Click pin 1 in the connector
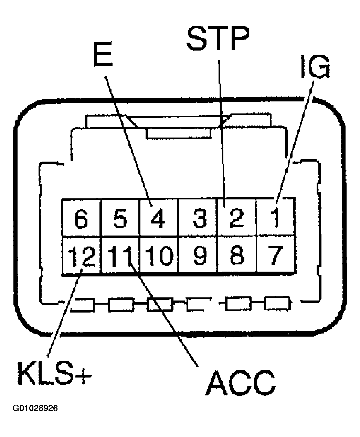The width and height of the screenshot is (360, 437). click(x=276, y=218)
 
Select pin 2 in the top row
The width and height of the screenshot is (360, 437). click(x=236, y=218)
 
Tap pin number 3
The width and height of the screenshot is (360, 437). click(x=199, y=218)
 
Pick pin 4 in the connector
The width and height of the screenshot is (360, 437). click(x=159, y=218)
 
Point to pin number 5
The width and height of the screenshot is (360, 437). click(x=120, y=218)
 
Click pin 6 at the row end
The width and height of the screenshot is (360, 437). click(x=81, y=218)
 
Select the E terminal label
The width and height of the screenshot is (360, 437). click(x=103, y=54)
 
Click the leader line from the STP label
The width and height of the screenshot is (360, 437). click(x=221, y=131)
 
